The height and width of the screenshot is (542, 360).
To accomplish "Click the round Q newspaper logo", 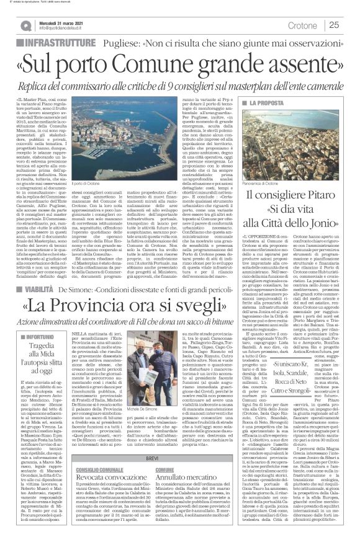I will pos(27,25).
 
